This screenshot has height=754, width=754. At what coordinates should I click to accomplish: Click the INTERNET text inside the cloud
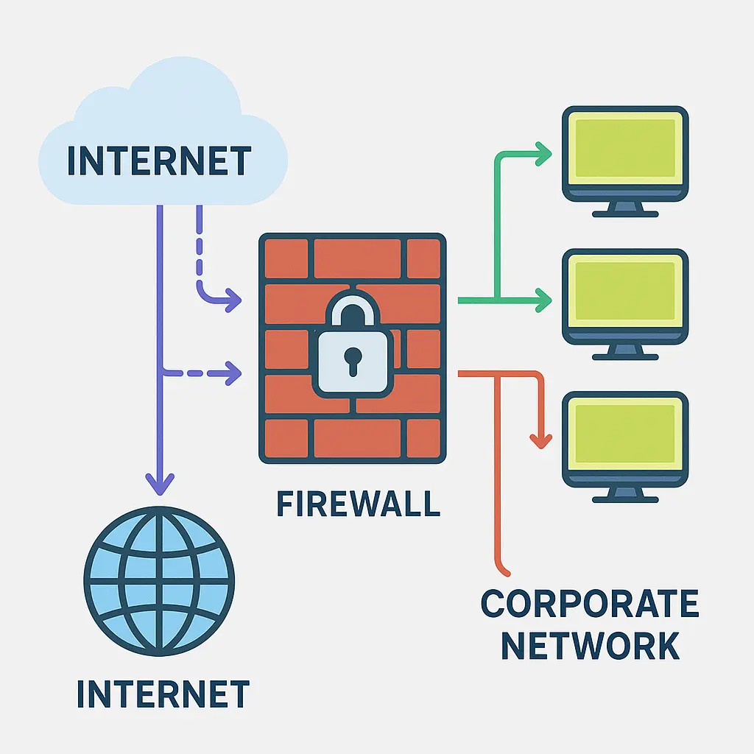coord(159,161)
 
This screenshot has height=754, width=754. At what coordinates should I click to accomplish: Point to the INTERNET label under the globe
coord(163,694)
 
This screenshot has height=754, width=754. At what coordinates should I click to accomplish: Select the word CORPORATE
coord(589,604)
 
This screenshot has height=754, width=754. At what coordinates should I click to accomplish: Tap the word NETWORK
coord(589,645)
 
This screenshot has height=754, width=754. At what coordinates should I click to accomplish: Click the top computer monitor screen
coord(624,147)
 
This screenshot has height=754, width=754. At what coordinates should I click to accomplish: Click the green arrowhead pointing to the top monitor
coord(543,155)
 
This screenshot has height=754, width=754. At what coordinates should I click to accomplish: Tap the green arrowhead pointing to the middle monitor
coord(543,300)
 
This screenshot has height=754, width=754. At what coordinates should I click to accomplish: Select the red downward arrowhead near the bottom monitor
coord(541,440)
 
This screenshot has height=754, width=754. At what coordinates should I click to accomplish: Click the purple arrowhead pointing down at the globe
coord(160,484)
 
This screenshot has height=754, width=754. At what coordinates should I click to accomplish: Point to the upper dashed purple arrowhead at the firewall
coord(233,300)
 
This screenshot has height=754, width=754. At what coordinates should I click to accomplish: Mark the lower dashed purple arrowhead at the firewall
coord(233,373)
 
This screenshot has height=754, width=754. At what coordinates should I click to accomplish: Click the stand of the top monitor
coord(624,209)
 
